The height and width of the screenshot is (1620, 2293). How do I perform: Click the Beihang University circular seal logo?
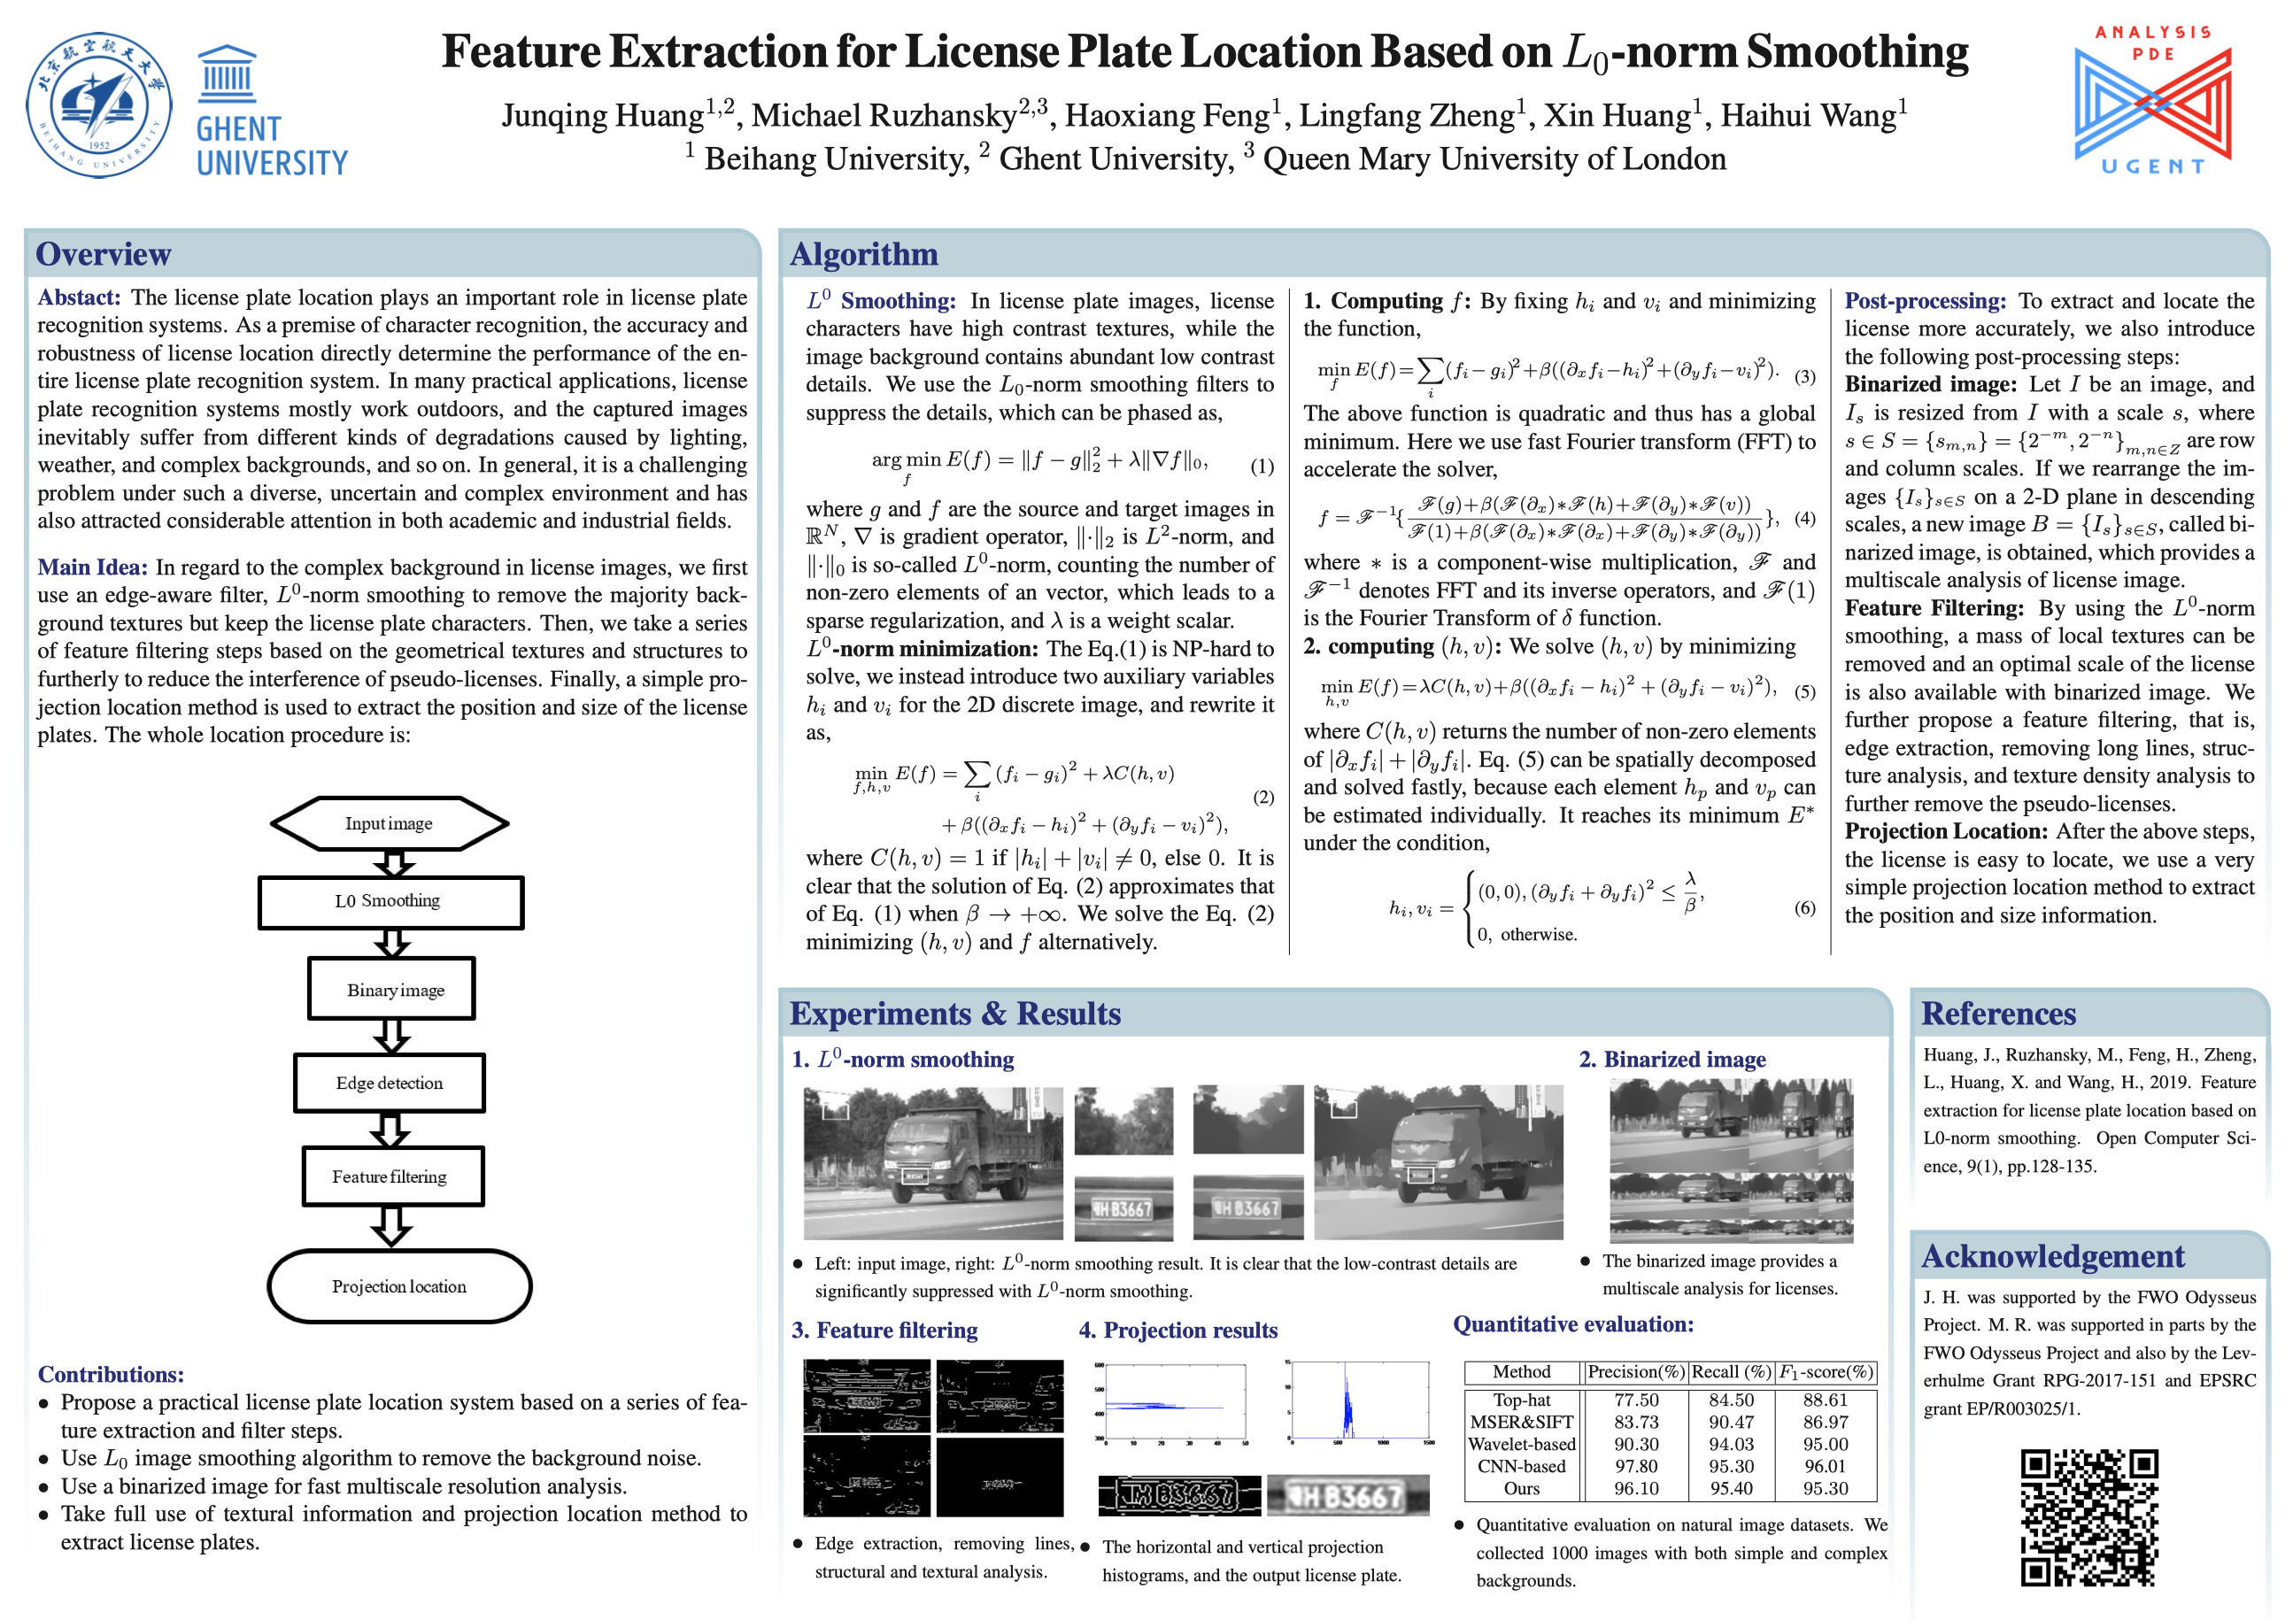click(98, 104)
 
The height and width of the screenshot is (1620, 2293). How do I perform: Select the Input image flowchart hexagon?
click(390, 824)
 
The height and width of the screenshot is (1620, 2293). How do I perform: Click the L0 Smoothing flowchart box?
click(390, 902)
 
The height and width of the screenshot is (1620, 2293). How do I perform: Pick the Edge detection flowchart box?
click(390, 1084)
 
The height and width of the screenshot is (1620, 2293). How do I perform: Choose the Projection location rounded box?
click(398, 1286)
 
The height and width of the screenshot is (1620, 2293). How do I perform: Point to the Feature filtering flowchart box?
click(391, 1176)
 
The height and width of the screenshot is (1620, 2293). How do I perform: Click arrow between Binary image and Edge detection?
click(391, 1036)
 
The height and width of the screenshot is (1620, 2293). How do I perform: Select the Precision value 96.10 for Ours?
click(1635, 1488)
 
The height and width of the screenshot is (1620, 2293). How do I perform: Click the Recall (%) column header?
click(1731, 1372)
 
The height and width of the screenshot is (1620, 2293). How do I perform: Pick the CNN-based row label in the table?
click(1521, 1466)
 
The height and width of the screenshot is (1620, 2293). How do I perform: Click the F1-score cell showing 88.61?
click(1826, 1400)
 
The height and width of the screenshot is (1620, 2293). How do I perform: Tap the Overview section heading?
click(104, 255)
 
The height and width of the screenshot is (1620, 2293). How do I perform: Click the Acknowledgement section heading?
click(2052, 1256)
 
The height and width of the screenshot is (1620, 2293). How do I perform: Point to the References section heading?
click(1998, 1014)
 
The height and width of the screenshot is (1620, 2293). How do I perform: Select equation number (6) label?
click(1804, 908)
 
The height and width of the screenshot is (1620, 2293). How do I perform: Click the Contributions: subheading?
click(111, 1374)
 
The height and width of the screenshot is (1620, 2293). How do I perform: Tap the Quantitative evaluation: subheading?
click(1573, 1324)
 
